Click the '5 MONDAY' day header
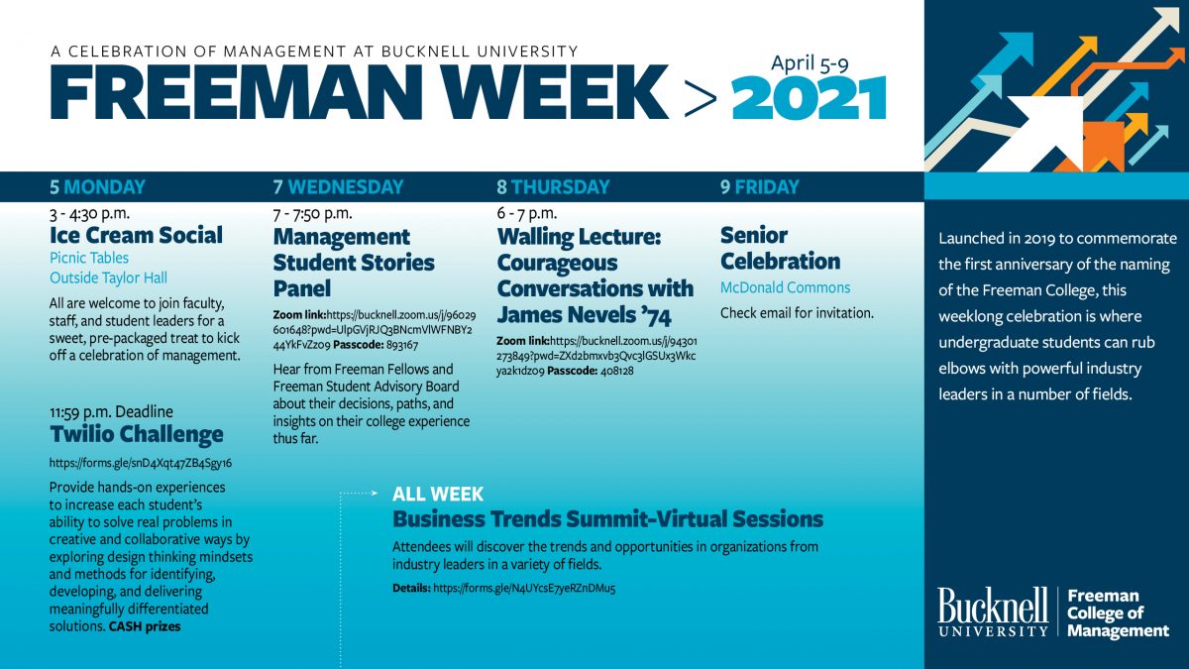pos(97,186)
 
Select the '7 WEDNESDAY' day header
pos(338,186)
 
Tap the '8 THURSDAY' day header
pos(553,186)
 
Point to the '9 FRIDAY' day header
pos(759,186)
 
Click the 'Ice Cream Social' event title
pos(136,235)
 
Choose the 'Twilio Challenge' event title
pos(136,434)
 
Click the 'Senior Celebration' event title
pos(780,249)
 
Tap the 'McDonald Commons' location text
pos(785,287)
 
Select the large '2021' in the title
pos(808,99)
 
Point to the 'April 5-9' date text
pos(810,62)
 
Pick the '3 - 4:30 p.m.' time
pos(90,213)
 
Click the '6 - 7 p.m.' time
pos(527,213)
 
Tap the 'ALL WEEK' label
pos(437,494)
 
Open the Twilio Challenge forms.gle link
pos(140,463)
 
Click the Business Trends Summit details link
pos(524,589)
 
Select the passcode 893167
pos(398,346)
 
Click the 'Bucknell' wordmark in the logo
pos(993,605)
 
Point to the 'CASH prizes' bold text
pos(145,626)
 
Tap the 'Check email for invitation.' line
pos(797,313)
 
